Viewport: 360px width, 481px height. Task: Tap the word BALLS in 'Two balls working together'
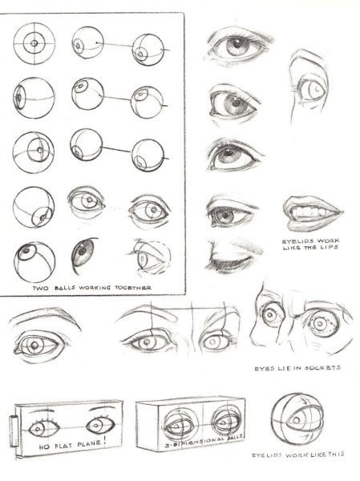[x=66, y=288]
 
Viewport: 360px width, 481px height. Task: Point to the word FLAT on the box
[x=63, y=446]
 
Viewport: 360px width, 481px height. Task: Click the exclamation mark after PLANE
[x=105, y=442]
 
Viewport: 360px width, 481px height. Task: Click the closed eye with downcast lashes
[x=233, y=257]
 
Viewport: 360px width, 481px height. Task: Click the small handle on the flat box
[x=14, y=431]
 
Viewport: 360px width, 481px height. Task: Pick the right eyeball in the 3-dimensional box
[x=226, y=423]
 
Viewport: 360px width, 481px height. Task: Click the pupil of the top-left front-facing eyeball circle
[x=34, y=43]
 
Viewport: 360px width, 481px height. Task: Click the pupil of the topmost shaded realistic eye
[x=237, y=43]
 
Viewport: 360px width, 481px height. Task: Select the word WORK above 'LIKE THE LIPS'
[x=329, y=240]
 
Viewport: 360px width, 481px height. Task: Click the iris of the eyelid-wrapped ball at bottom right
[x=296, y=419]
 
